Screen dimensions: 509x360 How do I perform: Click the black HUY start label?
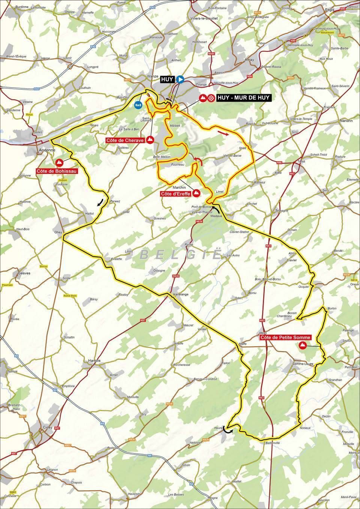tap(167, 79)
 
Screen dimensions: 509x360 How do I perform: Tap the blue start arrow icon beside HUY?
tap(180, 79)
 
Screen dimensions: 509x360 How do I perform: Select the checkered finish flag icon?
tap(211, 98)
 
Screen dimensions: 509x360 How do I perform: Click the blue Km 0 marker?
tap(138, 105)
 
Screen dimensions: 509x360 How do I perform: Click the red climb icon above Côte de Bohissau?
tap(59, 162)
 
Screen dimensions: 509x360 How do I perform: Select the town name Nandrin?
tap(347, 121)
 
